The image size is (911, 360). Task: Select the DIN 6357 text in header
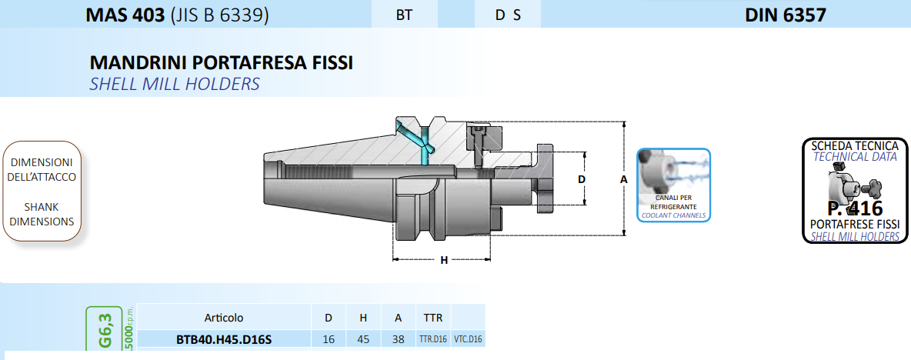coord(785,15)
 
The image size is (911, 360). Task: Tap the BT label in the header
coord(404,15)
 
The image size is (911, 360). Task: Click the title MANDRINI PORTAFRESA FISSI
coord(222,63)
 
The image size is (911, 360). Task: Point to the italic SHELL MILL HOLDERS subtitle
coord(175,84)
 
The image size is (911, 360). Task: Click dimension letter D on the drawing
coord(582,179)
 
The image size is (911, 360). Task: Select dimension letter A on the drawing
coord(624,179)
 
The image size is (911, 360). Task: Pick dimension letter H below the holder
coord(444,260)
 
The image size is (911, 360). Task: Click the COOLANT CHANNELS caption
coord(673,216)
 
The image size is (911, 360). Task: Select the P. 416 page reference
coord(854,208)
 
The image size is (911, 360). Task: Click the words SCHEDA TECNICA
coord(855,145)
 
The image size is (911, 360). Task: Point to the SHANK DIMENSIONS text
coord(42,214)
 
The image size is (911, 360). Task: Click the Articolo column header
coord(224,318)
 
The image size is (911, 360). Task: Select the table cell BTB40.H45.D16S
coord(223,339)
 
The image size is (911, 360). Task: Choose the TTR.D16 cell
coord(432,339)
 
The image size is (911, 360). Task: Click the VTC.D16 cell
coord(468,339)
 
